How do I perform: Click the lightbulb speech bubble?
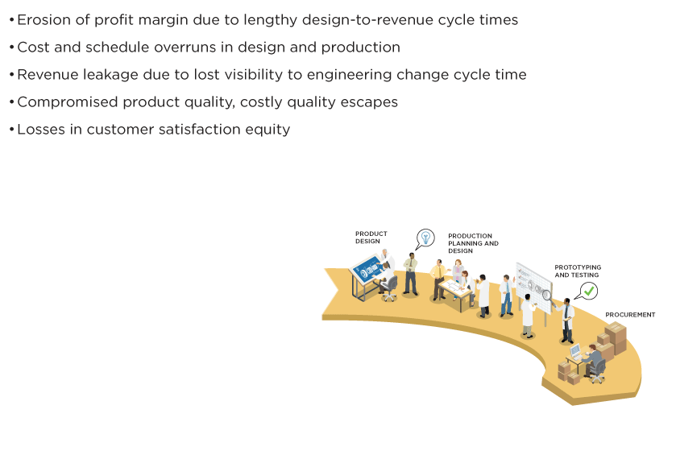(425, 238)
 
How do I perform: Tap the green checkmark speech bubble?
(589, 290)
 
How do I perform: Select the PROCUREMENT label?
(630, 315)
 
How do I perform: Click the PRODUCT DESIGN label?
(371, 238)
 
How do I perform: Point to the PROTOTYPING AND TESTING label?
(577, 271)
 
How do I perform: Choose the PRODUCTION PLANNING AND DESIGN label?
(473, 243)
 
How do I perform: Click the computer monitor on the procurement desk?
(574, 351)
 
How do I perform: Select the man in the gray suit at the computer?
(595, 360)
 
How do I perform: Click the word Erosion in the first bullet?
(42, 20)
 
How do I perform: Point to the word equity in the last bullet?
(268, 130)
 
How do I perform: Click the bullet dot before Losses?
(11, 130)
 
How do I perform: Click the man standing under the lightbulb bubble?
(410, 272)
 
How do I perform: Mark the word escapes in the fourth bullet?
(371, 102)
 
